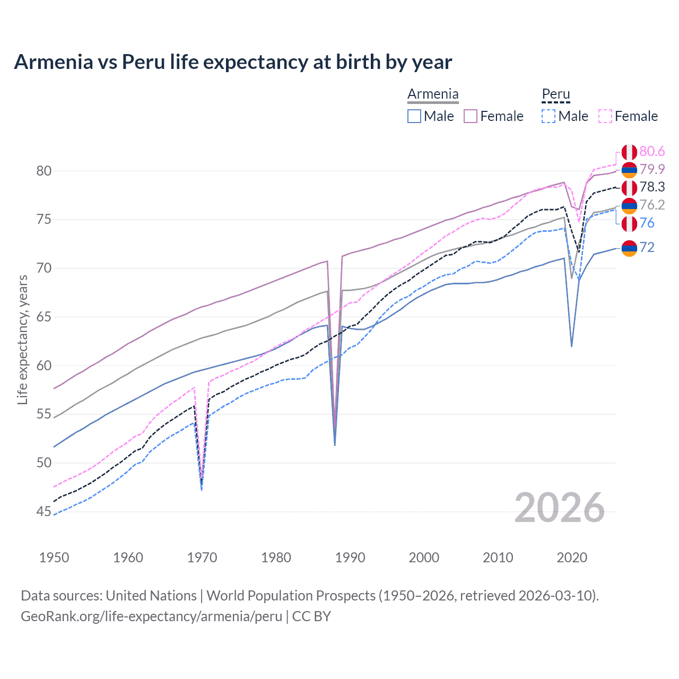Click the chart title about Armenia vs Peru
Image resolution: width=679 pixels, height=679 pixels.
click(x=233, y=62)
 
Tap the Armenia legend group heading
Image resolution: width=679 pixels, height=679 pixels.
click(x=433, y=94)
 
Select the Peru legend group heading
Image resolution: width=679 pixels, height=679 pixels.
click(x=555, y=94)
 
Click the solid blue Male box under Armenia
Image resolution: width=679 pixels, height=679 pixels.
click(x=414, y=116)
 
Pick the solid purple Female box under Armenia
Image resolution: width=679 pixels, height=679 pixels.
click(x=471, y=116)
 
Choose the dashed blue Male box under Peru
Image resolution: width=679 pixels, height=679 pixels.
click(x=549, y=116)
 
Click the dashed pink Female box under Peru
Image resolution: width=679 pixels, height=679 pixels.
click(x=605, y=116)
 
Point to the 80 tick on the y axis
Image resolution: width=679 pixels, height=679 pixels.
click(x=44, y=171)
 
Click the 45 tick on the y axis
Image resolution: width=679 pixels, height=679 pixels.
click(x=44, y=511)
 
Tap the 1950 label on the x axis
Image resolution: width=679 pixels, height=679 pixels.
click(x=54, y=558)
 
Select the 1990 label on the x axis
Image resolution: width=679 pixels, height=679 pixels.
click(x=350, y=558)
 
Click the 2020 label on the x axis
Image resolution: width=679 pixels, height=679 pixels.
click(x=572, y=558)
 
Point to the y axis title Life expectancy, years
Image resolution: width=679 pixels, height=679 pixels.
click(x=22, y=339)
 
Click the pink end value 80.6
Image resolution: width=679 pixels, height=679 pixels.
click(x=652, y=152)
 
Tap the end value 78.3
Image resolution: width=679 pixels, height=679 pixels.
click(x=652, y=187)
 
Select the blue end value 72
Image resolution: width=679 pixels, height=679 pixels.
click(x=647, y=248)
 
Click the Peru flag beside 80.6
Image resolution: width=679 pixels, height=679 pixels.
click(x=629, y=152)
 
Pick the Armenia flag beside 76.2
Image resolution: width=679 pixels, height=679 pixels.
click(x=629, y=205)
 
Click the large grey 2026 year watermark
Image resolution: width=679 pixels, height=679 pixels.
click(x=559, y=508)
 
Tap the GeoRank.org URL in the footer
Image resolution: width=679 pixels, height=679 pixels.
click(x=151, y=616)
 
